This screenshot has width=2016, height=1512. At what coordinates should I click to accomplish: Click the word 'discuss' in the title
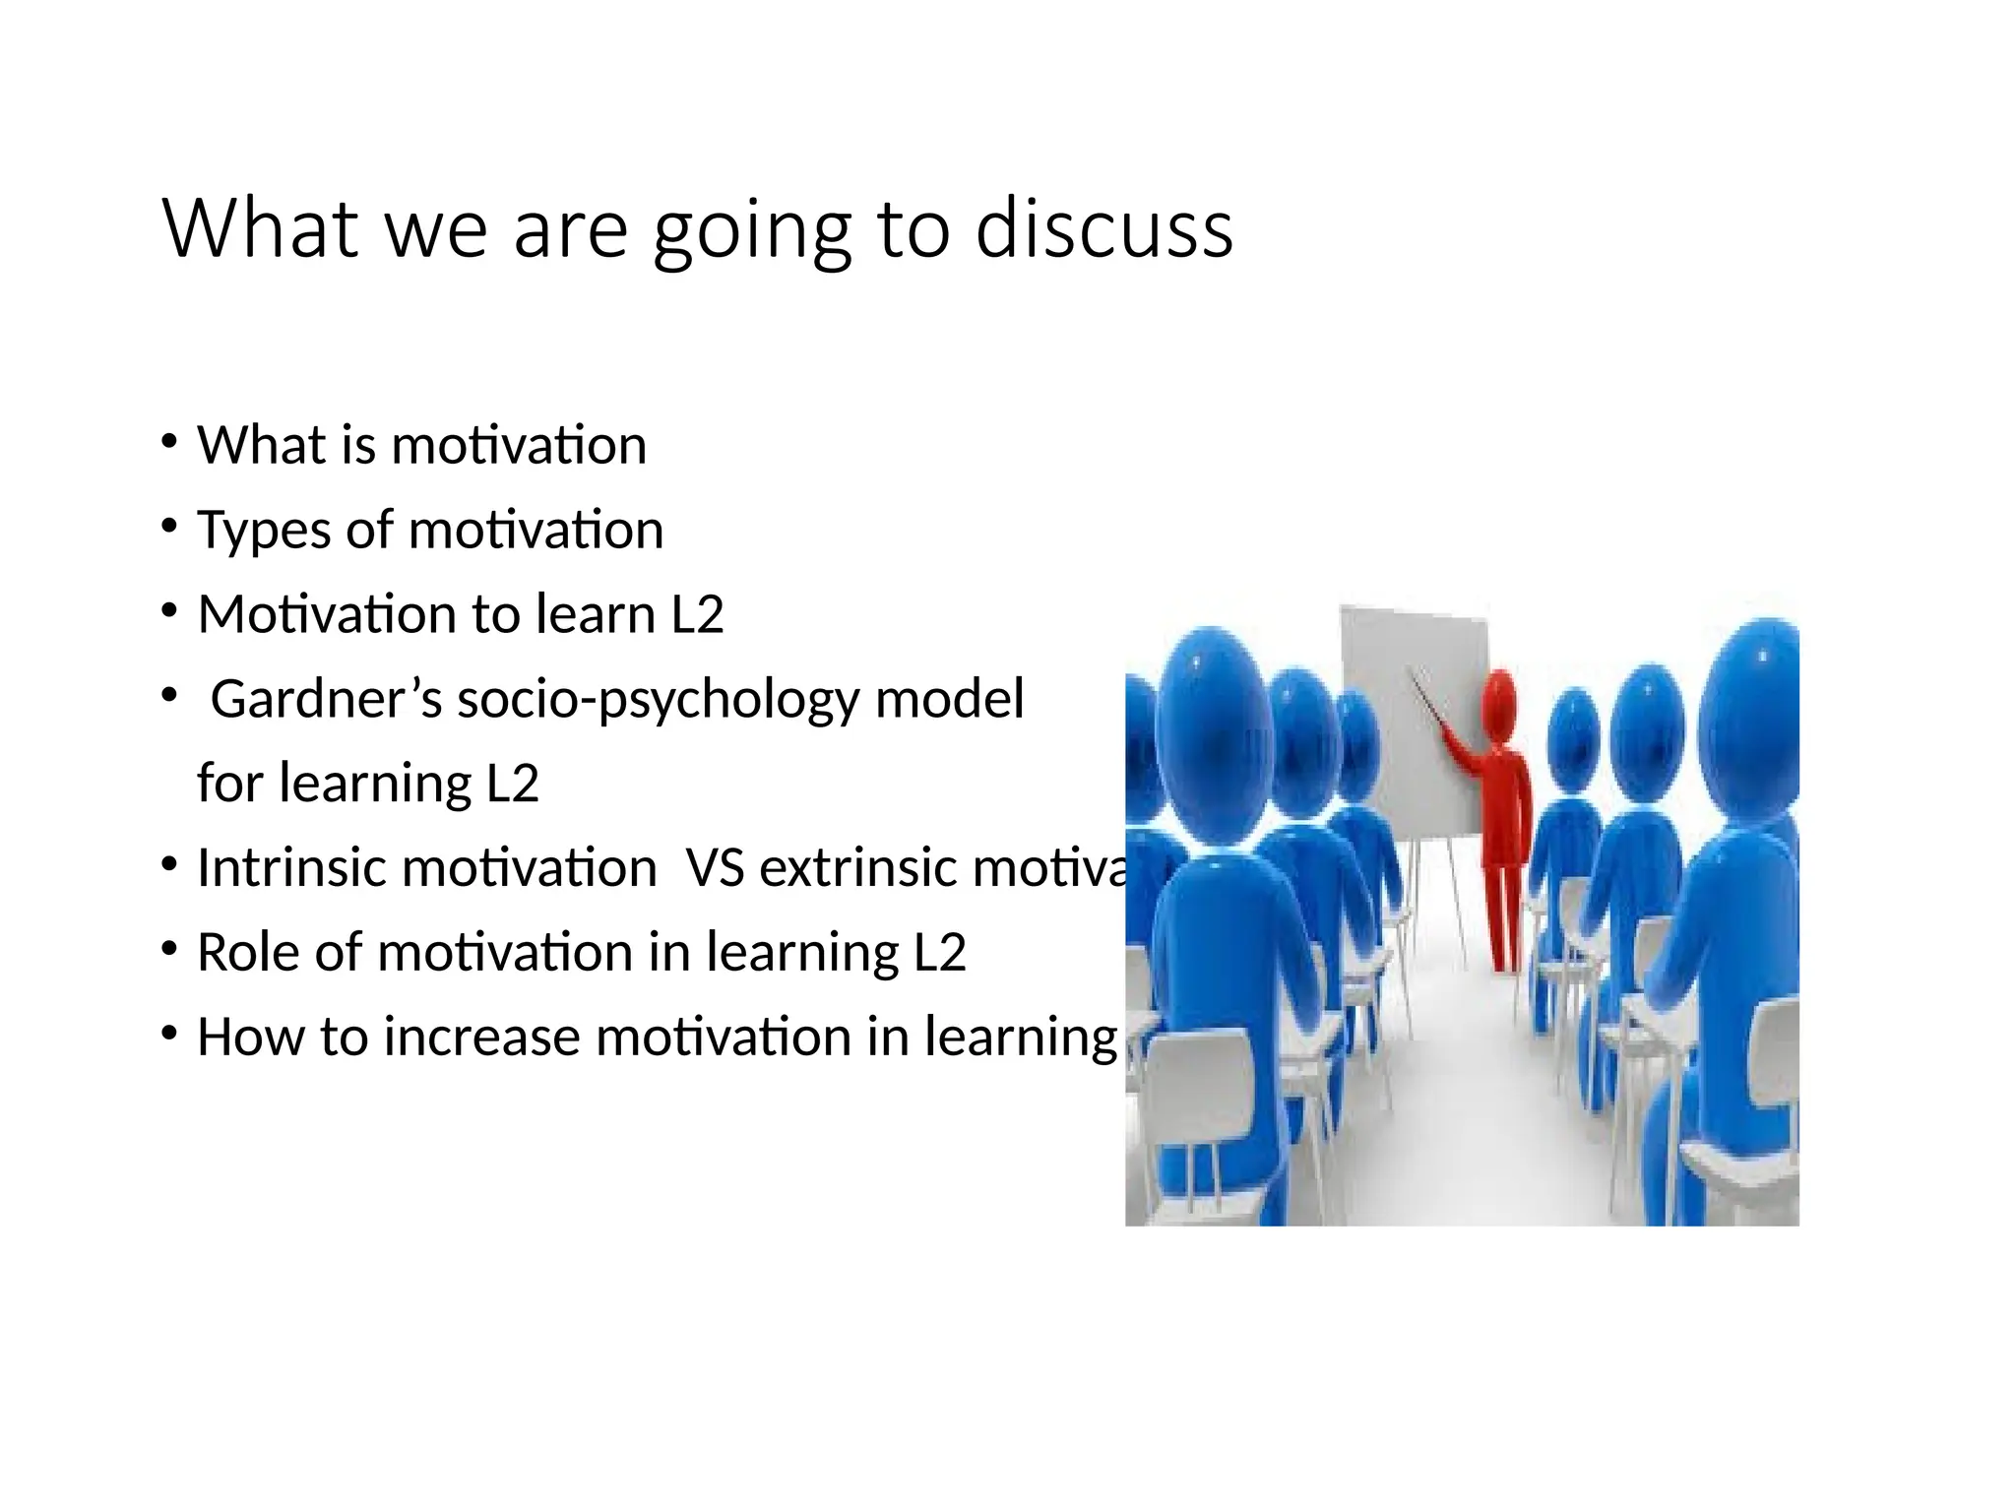tap(1103, 228)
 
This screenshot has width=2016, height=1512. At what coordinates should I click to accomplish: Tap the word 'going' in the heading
tap(752, 232)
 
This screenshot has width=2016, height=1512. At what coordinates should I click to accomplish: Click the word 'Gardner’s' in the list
tap(326, 700)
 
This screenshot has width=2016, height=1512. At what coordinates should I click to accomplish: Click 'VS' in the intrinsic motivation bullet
tap(715, 868)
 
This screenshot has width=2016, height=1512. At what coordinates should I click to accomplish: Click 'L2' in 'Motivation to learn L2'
tap(697, 615)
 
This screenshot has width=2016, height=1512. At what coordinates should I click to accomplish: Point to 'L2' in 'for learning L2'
tap(513, 785)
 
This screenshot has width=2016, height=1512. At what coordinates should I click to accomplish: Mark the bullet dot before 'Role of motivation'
tap(170, 949)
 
